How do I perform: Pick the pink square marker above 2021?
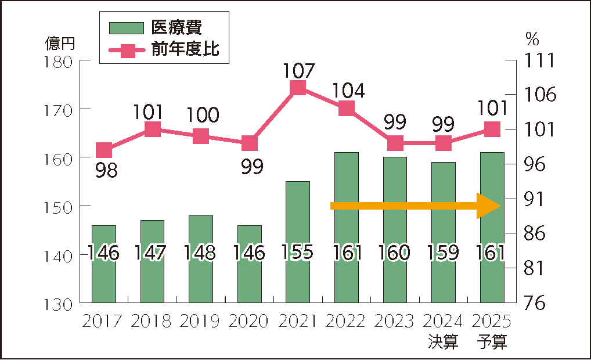[298, 88]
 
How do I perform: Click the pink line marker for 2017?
[104, 150]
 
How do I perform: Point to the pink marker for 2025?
[492, 129]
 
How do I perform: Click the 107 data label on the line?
[299, 71]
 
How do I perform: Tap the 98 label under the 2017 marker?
[105, 170]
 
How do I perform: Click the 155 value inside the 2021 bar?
[298, 253]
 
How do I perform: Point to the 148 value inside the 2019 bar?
[201, 253]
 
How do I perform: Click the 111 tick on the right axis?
[539, 60]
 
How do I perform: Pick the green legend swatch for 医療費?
[127, 27]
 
